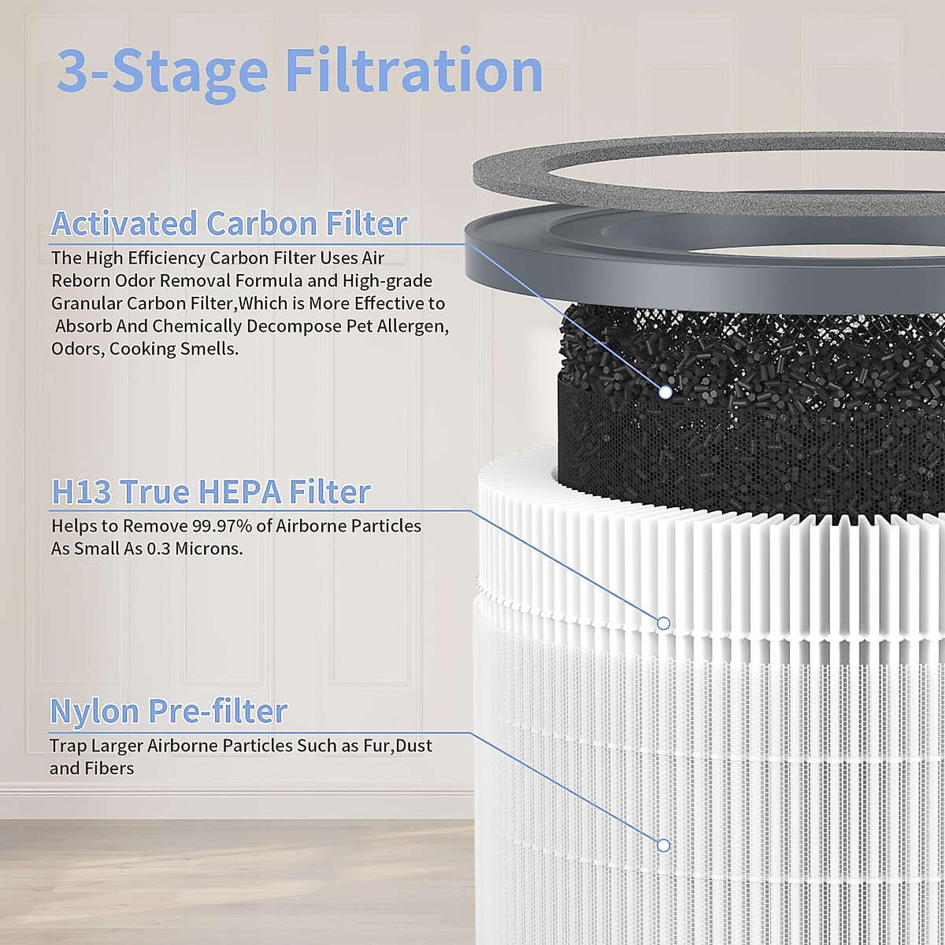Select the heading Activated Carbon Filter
click(229, 224)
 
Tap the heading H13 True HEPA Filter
click(211, 492)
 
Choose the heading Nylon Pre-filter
click(169, 711)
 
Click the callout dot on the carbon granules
click(665, 391)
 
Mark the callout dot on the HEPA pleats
click(663, 624)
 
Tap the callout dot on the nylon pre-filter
click(663, 845)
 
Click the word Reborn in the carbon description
click(81, 281)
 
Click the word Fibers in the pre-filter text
click(110, 769)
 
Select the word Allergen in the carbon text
click(413, 326)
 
